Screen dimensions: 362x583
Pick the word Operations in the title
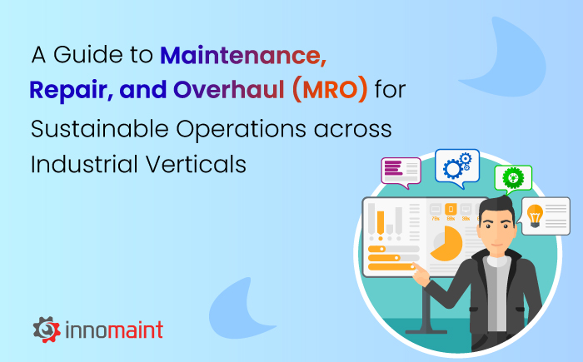238,129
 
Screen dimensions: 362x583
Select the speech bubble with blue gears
457,166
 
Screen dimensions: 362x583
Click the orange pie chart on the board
448,243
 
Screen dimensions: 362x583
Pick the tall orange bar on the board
381,221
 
